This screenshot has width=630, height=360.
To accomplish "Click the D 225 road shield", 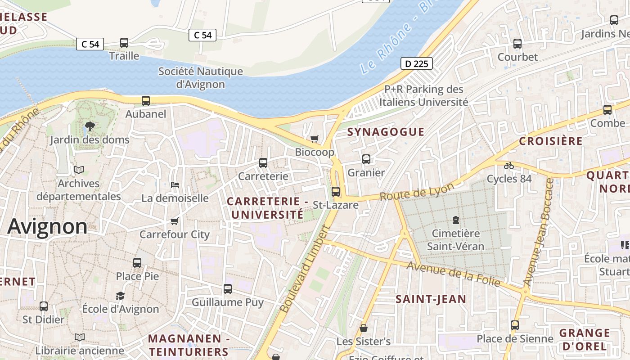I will tap(416, 63).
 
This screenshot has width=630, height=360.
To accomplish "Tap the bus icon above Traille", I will tap(124, 43).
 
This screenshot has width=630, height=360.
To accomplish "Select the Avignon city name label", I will tap(47, 226).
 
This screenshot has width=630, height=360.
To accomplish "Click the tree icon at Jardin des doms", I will tap(90, 126).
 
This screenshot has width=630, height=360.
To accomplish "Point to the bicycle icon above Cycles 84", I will tap(509, 166).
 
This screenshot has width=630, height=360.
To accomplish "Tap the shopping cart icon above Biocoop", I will tap(314, 139).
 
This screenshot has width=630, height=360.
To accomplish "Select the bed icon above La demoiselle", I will tap(175, 184).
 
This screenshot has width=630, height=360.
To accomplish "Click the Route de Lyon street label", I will tap(417, 192).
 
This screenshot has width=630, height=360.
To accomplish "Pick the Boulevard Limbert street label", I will tap(305, 269).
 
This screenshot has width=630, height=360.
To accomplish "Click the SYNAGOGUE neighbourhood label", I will tap(386, 132).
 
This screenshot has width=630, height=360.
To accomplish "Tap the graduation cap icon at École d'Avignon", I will tap(120, 296).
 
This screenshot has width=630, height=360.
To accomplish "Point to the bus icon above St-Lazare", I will tap(336, 191).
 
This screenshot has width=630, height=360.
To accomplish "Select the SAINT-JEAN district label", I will tap(431, 299).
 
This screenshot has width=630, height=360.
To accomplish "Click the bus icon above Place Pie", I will tap(137, 262).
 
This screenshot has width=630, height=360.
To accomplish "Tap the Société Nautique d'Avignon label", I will tap(200, 77).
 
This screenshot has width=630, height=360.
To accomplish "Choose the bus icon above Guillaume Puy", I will tap(228, 288).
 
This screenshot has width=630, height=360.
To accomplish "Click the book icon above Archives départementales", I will tap(79, 170).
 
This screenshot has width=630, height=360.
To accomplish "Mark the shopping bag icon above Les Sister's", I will tap(363, 328).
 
